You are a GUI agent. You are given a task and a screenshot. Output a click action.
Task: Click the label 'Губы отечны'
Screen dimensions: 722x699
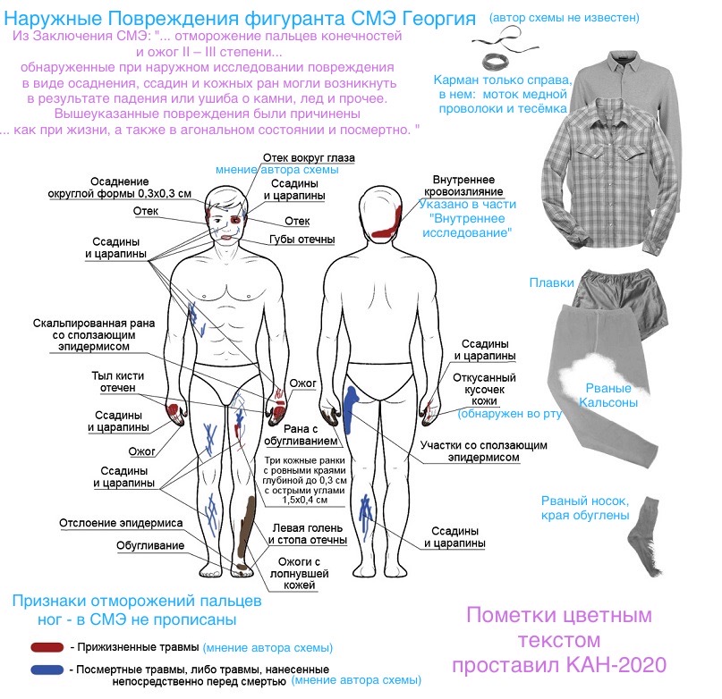tap(302, 240)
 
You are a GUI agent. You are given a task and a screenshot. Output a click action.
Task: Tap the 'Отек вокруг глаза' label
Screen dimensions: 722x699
tap(309, 158)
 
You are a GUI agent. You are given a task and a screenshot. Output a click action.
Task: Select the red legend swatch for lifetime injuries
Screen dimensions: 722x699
tap(47, 647)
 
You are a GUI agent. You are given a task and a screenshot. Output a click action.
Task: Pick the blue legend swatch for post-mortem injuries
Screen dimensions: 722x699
tap(47, 670)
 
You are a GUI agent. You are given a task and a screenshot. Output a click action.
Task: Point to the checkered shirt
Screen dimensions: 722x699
tap(610, 175)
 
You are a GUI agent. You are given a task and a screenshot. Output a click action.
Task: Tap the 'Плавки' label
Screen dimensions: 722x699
tap(551, 282)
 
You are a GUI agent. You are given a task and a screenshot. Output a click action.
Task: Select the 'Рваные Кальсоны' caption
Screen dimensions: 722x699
tap(607, 395)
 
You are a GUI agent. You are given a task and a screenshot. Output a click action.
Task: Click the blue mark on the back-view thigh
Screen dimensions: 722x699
tap(351, 408)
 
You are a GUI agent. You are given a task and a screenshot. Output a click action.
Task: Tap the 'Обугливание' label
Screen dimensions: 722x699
tap(150, 546)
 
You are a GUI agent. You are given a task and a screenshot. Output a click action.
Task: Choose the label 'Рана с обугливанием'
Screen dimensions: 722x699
tap(301, 434)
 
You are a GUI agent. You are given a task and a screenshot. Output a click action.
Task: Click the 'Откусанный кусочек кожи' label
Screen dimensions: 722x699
tap(484, 390)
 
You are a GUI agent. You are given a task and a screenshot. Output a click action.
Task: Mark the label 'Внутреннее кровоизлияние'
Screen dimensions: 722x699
tap(463, 185)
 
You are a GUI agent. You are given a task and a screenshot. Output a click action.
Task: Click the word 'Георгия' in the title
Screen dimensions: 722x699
tap(438, 19)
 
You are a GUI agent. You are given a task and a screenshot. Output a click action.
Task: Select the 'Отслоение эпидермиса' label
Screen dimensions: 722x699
tap(121, 523)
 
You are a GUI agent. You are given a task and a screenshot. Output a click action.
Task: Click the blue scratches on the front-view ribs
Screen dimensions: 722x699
tap(197, 317)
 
